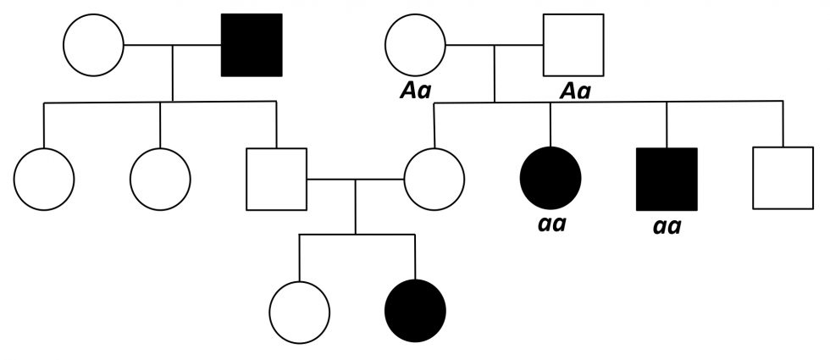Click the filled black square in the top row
point(252,44)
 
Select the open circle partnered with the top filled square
point(94,44)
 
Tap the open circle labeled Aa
point(415,44)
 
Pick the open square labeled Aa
point(573,44)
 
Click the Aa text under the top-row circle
point(414,90)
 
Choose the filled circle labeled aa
point(551,180)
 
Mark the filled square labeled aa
point(667,180)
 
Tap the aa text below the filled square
point(667,227)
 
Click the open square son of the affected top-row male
point(276,180)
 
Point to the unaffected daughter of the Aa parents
point(434,180)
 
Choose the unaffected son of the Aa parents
point(783,180)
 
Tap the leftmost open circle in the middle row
point(44,180)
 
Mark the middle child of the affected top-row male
point(160,180)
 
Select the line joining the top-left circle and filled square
point(173,44)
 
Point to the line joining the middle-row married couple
point(355,180)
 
